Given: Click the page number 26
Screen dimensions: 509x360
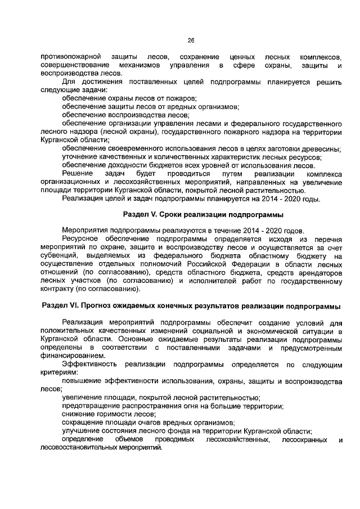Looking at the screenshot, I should point(191,40).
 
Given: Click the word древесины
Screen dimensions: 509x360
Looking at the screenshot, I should point(319,148).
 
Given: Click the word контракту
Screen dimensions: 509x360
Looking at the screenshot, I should point(57,289).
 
